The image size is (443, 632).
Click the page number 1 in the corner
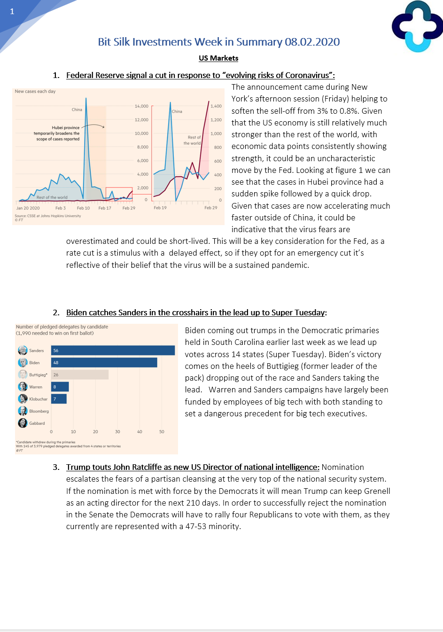pyautogui.click(x=12, y=11)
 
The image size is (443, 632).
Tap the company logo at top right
pyautogui.click(x=417, y=26)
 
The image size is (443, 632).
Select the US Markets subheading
pyautogui.click(x=218, y=58)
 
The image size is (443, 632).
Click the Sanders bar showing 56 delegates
pyautogui.click(x=113, y=351)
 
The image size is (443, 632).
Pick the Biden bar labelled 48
pyautogui.click(x=104, y=363)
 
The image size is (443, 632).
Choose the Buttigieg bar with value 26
pyautogui.click(x=80, y=375)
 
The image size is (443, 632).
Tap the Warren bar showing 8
pyautogui.click(x=60, y=387)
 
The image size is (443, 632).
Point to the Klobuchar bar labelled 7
pyautogui.click(x=59, y=399)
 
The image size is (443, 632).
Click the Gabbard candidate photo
pyautogui.click(x=23, y=423)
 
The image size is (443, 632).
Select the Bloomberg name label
pyautogui.click(x=39, y=411)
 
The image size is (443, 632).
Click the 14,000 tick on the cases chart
pyautogui.click(x=141, y=106)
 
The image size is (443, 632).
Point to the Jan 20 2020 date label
pyautogui.click(x=28, y=208)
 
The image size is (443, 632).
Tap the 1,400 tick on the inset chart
pyautogui.click(x=216, y=106)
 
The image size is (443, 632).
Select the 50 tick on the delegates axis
pyautogui.click(x=162, y=432)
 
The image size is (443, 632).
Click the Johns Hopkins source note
pyautogui.click(x=48, y=216)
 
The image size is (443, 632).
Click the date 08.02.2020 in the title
pyautogui.click(x=312, y=42)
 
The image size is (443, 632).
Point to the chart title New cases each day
pyautogui.click(x=35, y=92)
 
